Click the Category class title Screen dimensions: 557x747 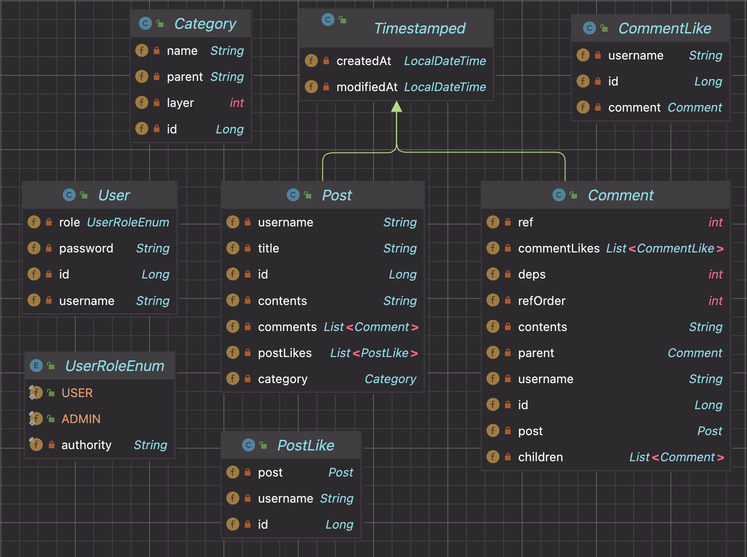pos(205,24)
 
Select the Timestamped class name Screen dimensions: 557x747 pos(419,28)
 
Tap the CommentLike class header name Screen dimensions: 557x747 pos(664,28)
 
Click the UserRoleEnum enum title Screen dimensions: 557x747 pos(115,366)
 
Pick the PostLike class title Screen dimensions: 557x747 pos(306,445)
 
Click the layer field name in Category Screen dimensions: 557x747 pos(180,103)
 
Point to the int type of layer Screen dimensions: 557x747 pos(236,103)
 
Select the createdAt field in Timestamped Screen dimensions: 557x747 pos(363,61)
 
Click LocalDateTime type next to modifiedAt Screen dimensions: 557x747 pos(445,87)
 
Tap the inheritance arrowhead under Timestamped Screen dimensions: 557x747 pos(396,107)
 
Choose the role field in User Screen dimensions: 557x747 pos(70,222)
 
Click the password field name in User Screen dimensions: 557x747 pos(86,248)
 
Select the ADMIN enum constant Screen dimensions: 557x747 pos(81,419)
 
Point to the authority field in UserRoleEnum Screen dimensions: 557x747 pos(86,445)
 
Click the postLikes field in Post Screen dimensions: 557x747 pos(285,353)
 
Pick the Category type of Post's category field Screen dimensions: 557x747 pos(390,379)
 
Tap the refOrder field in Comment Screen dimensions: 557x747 pos(542,301)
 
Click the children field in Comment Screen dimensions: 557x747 pos(540,457)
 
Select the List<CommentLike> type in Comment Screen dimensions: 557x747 pos(664,248)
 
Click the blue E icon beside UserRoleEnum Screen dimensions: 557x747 pos(36,366)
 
